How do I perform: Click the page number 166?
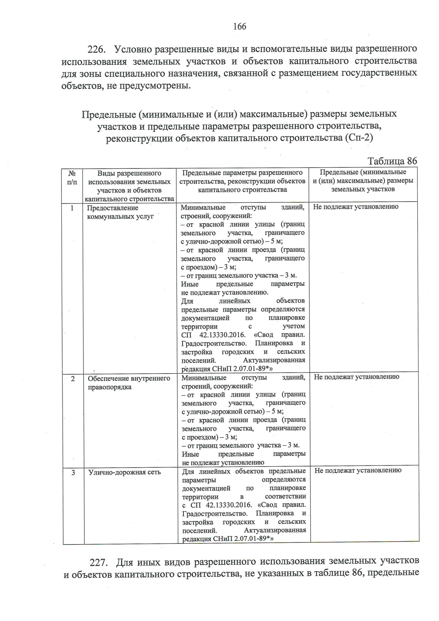tap(240, 26)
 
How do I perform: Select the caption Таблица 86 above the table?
tap(392, 161)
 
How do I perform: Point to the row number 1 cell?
tap(72, 208)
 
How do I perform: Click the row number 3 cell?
tap(73, 472)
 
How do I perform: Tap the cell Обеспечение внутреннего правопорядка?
tap(129, 383)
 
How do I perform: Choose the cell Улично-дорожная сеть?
tap(124, 472)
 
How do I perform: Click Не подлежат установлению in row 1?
tap(356, 207)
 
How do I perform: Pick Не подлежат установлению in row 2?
tap(356, 377)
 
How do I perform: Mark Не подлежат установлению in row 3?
tap(357, 471)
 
